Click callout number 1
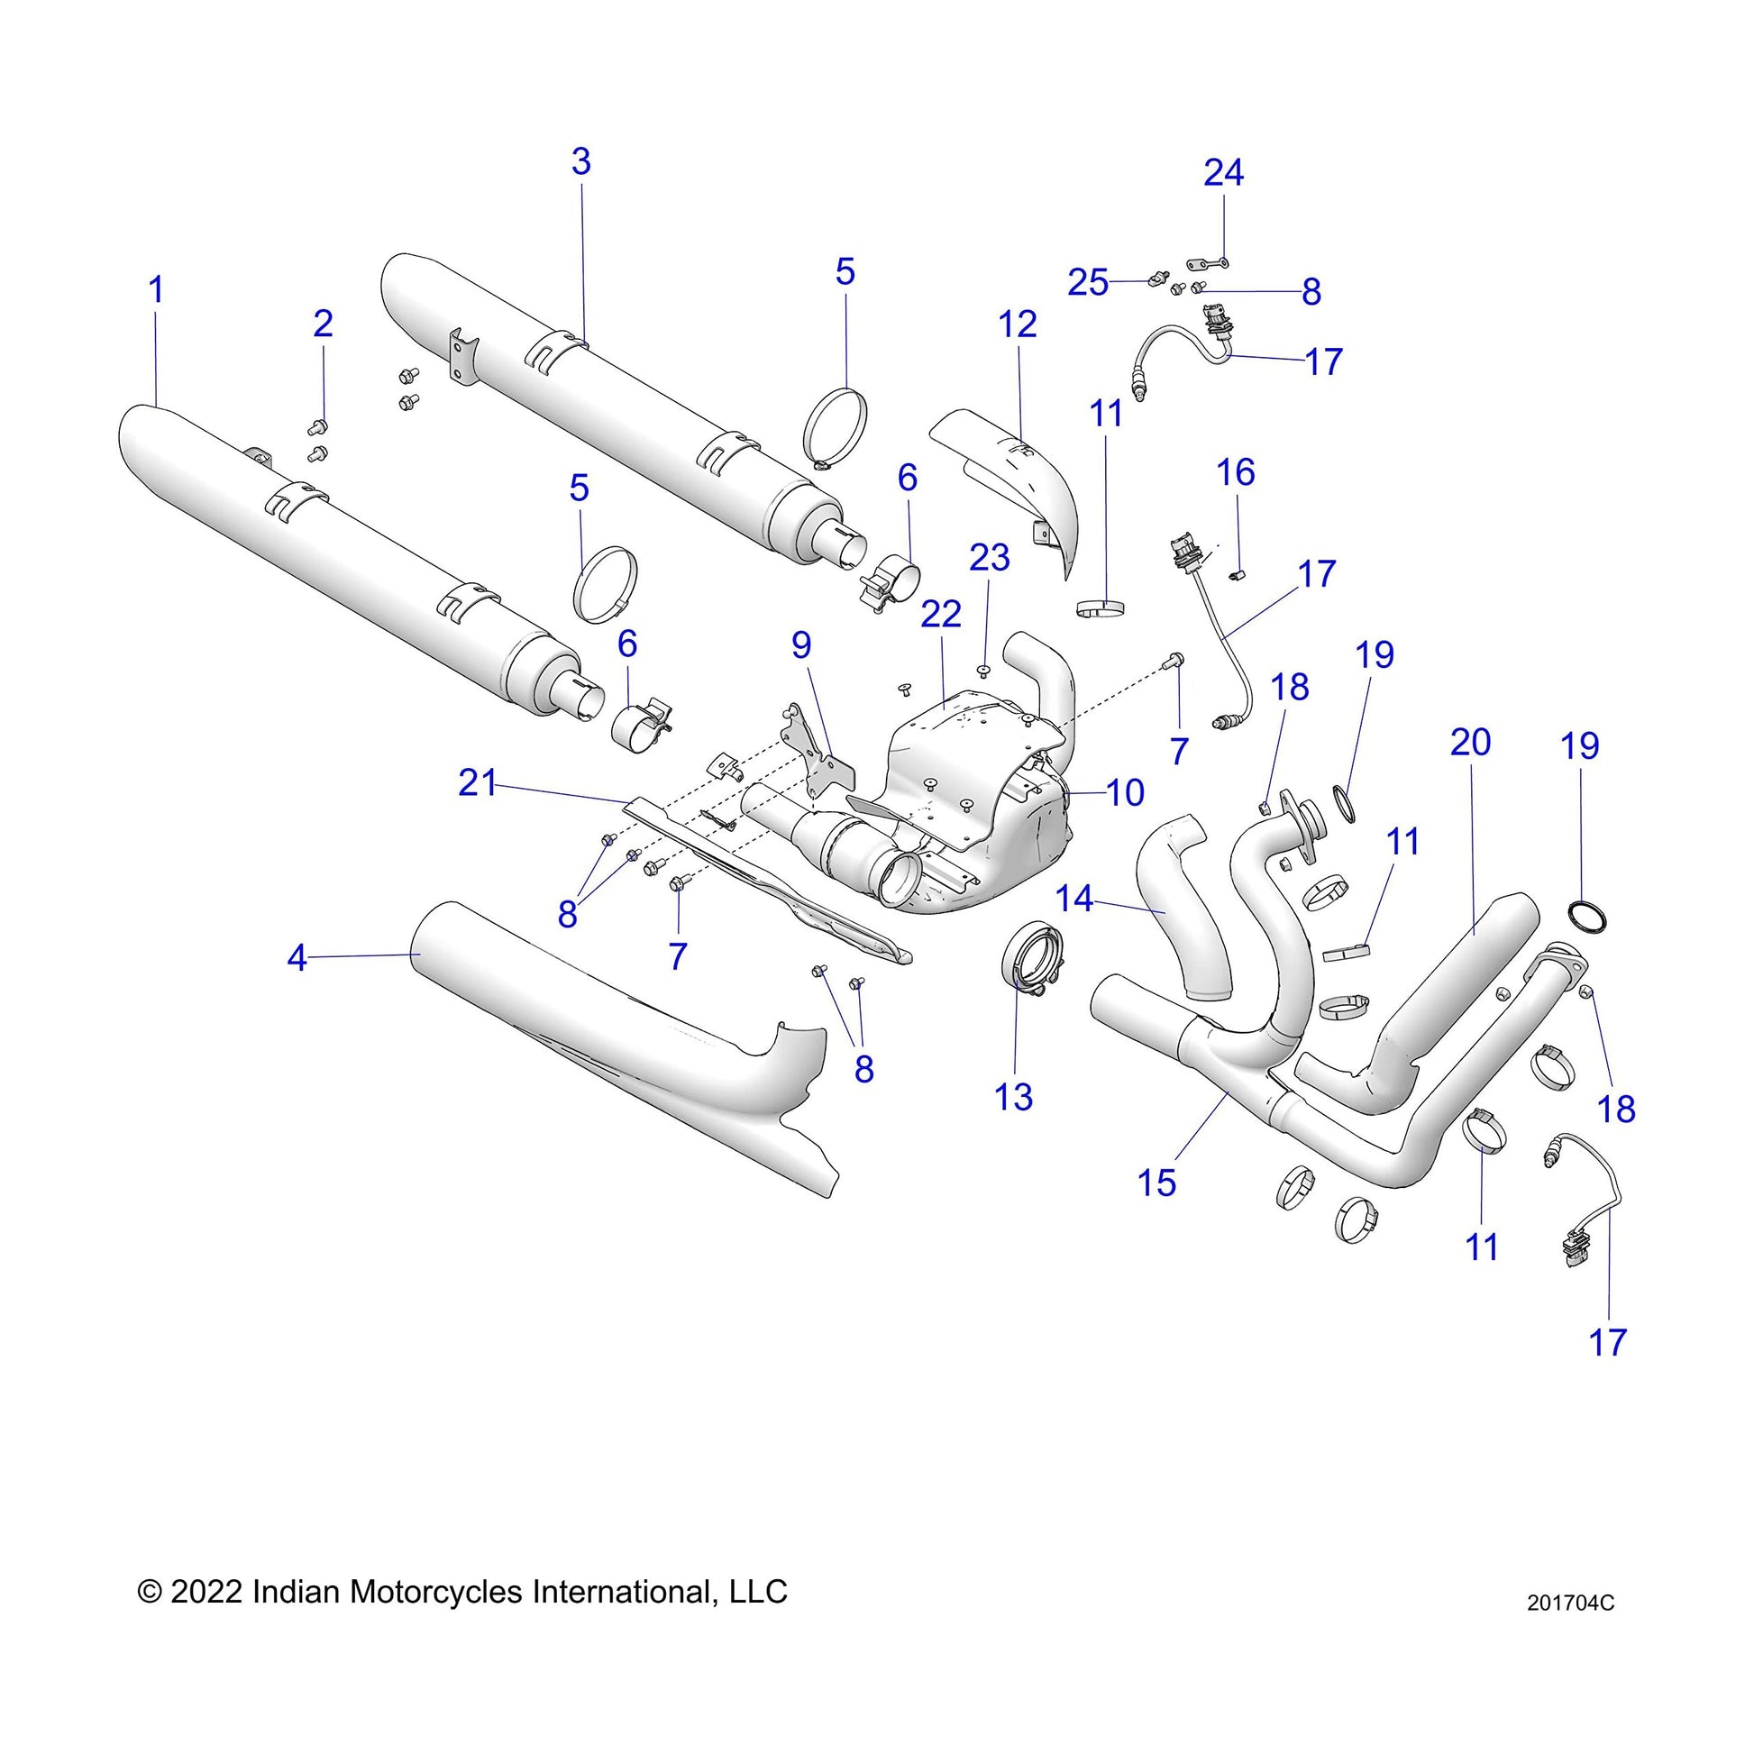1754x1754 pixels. tap(156, 290)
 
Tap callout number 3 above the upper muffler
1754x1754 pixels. tap(581, 161)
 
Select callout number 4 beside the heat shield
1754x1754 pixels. tap(297, 958)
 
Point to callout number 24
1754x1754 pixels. tap(1223, 172)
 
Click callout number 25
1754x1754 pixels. tap(1088, 283)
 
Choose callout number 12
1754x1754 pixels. tap(1017, 324)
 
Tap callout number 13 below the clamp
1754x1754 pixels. tap(1013, 1098)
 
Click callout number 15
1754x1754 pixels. tap(1156, 1183)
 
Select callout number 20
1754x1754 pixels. tap(1470, 743)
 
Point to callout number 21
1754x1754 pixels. tap(478, 782)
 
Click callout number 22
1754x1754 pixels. tap(941, 615)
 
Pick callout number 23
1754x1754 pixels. tap(989, 557)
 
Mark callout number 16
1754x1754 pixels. tap(1236, 472)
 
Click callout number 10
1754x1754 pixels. tap(1125, 792)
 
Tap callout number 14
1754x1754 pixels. tap(1074, 899)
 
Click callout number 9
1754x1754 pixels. tap(800, 644)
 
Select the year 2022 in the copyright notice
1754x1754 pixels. tap(206, 1592)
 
